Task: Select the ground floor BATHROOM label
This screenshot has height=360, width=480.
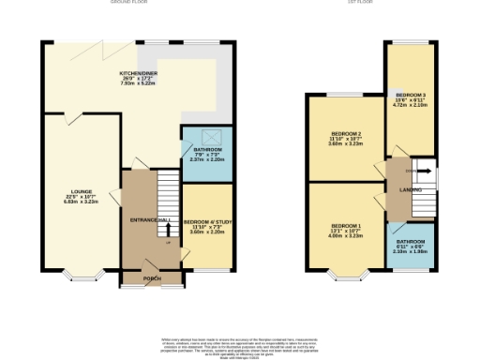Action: pyautogui.click(x=206, y=150)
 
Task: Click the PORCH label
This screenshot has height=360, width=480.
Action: pyautogui.click(x=151, y=278)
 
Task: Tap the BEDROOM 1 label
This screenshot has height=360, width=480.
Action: pyautogui.click(x=346, y=226)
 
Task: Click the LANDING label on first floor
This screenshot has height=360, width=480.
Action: pyautogui.click(x=410, y=190)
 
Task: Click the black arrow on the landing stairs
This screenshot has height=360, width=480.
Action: pyautogui.click(x=426, y=171)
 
